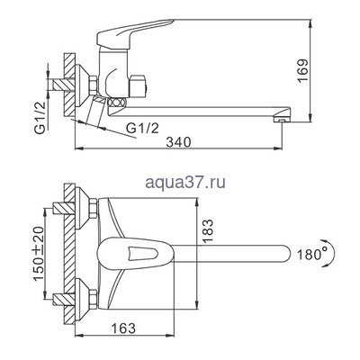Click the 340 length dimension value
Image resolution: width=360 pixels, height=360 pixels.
(179, 142)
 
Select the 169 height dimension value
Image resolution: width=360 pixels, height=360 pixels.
(302, 71)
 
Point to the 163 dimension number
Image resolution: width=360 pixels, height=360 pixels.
(123, 328)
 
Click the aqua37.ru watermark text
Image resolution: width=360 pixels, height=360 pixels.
(185, 183)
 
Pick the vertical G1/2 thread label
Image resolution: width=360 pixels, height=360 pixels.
(40, 117)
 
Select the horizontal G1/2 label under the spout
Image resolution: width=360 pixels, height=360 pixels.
(142, 129)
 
